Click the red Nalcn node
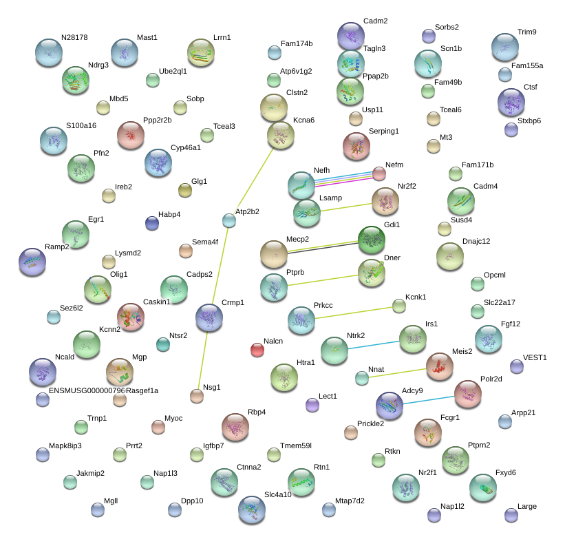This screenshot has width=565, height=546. (x=257, y=350)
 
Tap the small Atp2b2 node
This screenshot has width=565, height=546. (x=229, y=220)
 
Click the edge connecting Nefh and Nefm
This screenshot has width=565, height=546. (x=344, y=178)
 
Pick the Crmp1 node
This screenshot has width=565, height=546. (x=209, y=317)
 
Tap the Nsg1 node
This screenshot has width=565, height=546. (x=197, y=395)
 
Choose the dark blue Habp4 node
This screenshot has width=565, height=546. (x=152, y=222)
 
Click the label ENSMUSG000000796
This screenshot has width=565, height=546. (x=87, y=391)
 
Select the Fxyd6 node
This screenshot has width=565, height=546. (x=482, y=487)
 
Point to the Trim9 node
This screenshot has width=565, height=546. (x=504, y=47)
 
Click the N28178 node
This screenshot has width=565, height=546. (x=48, y=52)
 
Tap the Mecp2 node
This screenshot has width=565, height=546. (x=273, y=254)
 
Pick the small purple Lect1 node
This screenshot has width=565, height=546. (x=312, y=405)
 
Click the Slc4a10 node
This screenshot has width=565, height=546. (x=251, y=510)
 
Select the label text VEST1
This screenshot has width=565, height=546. (x=535, y=357)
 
